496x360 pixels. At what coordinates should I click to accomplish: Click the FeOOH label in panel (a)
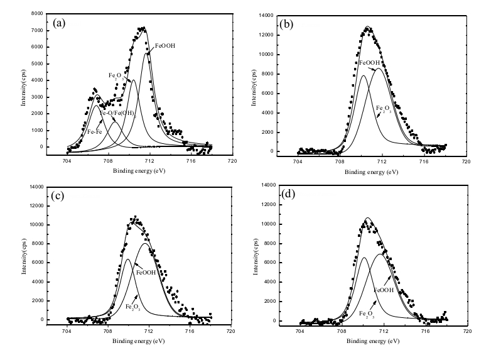[164, 45]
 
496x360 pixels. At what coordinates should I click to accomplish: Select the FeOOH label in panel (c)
[146, 273]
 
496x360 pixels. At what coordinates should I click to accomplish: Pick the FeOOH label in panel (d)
[384, 290]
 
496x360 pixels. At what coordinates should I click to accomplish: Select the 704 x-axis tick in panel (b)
[298, 161]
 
